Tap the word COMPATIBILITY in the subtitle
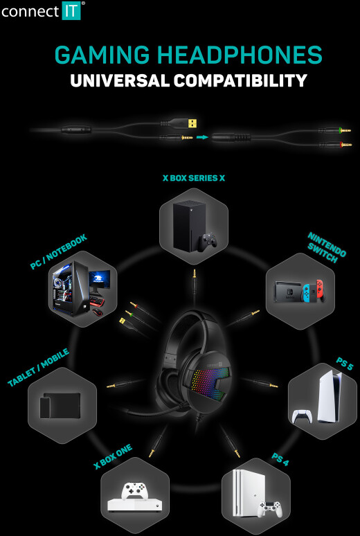coord(240,80)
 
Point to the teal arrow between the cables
coord(202,137)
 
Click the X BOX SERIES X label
coord(194,178)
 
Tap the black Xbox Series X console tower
coord(189,225)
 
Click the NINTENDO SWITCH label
coord(327,248)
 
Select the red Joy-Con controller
coord(321,291)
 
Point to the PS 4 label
coord(280,459)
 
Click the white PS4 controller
coord(271,509)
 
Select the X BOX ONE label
coord(112,456)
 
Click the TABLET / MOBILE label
coord(38,368)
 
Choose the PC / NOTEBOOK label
coord(59,252)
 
